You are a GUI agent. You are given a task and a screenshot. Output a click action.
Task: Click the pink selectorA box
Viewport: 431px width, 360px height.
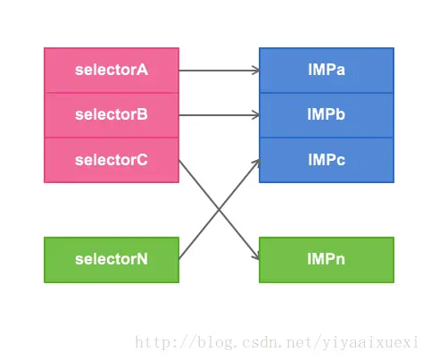tap(112, 71)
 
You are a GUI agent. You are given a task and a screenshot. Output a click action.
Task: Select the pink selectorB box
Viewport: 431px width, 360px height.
tap(112, 115)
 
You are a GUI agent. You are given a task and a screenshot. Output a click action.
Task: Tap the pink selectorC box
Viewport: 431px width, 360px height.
tap(112, 160)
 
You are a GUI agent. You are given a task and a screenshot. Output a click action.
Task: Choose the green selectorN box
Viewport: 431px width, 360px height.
tap(112, 260)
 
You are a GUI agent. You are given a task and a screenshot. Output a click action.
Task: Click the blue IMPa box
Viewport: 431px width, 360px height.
tap(327, 71)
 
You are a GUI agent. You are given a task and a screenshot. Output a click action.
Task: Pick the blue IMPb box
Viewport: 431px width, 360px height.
tap(327, 115)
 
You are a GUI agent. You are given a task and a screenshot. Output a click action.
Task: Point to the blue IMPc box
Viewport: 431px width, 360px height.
tap(327, 160)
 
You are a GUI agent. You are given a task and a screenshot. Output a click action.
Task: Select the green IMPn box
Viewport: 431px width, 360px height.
tap(327, 260)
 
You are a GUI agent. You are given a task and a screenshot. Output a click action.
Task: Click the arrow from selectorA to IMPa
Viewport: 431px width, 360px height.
tap(220, 71)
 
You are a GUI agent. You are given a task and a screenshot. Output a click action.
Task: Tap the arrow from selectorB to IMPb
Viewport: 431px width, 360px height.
tap(220, 115)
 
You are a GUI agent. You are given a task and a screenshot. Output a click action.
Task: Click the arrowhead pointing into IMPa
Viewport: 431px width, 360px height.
tap(256, 71)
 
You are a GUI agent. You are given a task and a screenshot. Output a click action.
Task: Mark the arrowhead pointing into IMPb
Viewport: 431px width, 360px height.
tap(256, 115)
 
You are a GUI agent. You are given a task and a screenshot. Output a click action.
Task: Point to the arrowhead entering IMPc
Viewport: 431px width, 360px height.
tap(256, 163)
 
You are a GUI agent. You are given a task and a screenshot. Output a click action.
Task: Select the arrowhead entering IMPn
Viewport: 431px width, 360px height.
tap(256, 255)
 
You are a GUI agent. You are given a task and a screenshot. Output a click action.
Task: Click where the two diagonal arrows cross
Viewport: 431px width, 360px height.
tap(220, 210)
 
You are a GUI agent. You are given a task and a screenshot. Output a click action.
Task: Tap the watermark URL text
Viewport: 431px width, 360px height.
tap(277, 342)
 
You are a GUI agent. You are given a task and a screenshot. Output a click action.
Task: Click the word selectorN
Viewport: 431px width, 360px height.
tap(112, 259)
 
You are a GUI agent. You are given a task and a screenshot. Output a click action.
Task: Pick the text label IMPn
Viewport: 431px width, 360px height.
tap(327, 259)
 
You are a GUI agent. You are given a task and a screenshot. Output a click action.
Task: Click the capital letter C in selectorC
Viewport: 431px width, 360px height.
tap(142, 160)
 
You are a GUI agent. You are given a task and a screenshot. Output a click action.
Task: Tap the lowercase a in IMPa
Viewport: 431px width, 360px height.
tap(340, 71)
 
